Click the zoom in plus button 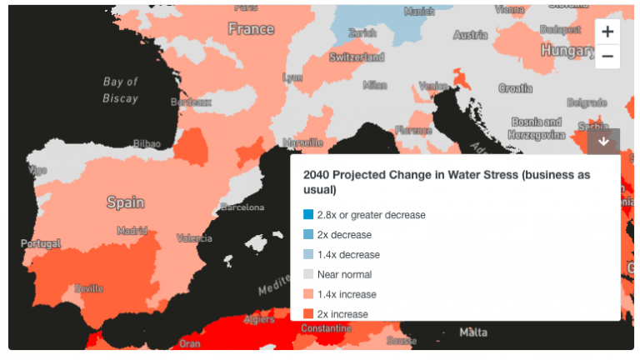(x=607, y=32)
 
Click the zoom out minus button (x=607, y=57)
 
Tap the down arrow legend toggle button (x=603, y=142)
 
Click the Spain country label (x=125, y=202)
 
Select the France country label (x=251, y=29)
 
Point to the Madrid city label (x=132, y=230)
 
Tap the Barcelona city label (x=242, y=207)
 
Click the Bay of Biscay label (x=121, y=90)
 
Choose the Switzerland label (x=357, y=57)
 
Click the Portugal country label (x=41, y=244)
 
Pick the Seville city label (x=88, y=288)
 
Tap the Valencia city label (x=194, y=238)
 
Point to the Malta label (x=473, y=332)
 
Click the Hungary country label (x=567, y=51)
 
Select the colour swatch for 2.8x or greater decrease (x=308, y=215)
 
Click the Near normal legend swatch (x=308, y=274)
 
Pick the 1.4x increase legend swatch (x=308, y=294)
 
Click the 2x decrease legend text (x=344, y=235)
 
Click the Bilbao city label (x=147, y=143)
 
